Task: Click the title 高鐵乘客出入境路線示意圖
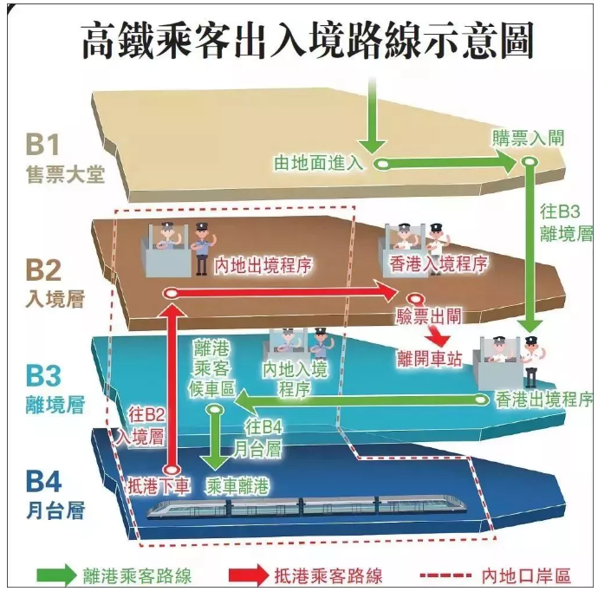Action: pyautogui.click(x=308, y=41)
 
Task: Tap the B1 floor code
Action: pyautogui.click(x=42, y=144)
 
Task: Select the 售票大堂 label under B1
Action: pyautogui.click(x=65, y=175)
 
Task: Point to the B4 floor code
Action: pyautogui.click(x=43, y=481)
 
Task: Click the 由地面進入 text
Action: pyautogui.click(x=318, y=163)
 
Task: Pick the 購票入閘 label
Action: pyautogui.click(x=528, y=139)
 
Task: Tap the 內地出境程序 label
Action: pyautogui.click(x=263, y=265)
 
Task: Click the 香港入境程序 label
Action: pyautogui.click(x=439, y=263)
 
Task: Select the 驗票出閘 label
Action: pyautogui.click(x=429, y=316)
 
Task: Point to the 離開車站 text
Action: pyautogui.click(x=429, y=358)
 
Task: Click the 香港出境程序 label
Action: pyautogui.click(x=544, y=399)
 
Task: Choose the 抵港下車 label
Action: pyautogui.click(x=159, y=486)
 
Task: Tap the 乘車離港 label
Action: pyautogui.click(x=237, y=486)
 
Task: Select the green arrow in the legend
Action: pyautogui.click(x=56, y=575)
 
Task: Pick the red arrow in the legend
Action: pyautogui.click(x=249, y=575)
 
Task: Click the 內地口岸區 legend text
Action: pyautogui.click(x=526, y=575)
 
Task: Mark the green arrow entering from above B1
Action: pyautogui.click(x=372, y=115)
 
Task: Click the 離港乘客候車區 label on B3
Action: pyautogui.click(x=211, y=369)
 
